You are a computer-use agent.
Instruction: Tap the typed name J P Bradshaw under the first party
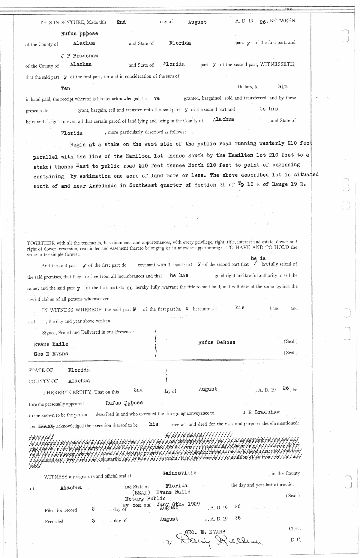tap(79, 55)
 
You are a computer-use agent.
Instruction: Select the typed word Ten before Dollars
tap(65, 88)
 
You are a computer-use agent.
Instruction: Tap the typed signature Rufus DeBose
tap(217, 342)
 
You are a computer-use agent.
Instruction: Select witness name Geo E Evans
tap(51, 354)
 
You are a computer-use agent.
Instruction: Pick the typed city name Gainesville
tap(179, 473)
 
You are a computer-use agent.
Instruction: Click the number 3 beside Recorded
tap(93, 521)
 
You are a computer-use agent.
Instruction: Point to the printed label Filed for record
tap(61, 510)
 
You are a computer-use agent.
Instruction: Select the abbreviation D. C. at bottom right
tap(295, 540)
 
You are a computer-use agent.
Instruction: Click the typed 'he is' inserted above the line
tap(258, 258)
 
